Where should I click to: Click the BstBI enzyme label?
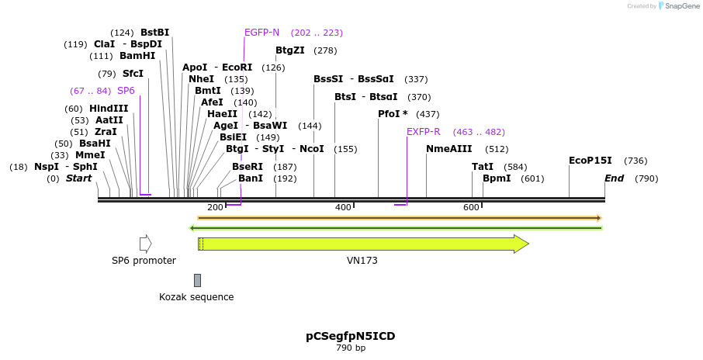click(154, 33)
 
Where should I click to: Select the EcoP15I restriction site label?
click(590, 161)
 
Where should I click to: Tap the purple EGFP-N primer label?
click(261, 33)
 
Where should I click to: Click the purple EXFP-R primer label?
click(423, 132)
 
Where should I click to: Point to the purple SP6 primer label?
click(126, 91)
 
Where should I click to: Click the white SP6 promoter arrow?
click(145, 244)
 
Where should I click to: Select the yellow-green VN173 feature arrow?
click(363, 244)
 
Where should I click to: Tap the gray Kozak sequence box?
click(198, 280)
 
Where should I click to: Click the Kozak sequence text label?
click(196, 297)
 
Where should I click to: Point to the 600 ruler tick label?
click(471, 207)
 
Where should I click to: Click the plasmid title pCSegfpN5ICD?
click(351, 336)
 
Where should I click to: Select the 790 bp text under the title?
click(351, 348)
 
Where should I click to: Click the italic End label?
click(615, 178)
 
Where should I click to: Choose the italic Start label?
click(78, 178)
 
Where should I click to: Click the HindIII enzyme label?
click(109, 109)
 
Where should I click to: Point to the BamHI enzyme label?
click(137, 56)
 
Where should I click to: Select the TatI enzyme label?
click(483, 167)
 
